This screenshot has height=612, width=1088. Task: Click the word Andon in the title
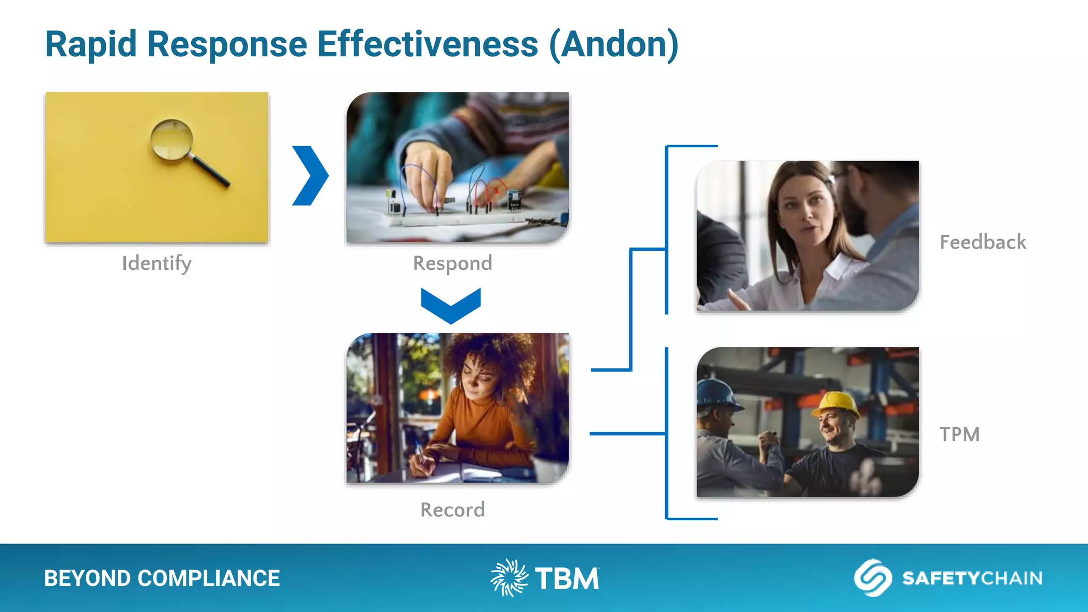pos(614,44)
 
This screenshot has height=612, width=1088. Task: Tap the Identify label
pos(157,263)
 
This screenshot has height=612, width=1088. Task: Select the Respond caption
pos(453,263)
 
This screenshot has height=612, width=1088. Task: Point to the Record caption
pos(453,510)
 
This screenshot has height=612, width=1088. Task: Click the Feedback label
pos(983,242)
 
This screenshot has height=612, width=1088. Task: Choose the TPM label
pos(959,435)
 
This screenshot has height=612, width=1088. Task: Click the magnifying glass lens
pos(171,139)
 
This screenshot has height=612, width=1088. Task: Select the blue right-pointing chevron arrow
pos(311,175)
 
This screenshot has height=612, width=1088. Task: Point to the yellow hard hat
pos(838,405)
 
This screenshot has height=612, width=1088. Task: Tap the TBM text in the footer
pos(567,579)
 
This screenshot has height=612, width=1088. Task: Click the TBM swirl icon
pos(509,578)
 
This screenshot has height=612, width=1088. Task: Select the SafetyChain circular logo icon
pos(872,577)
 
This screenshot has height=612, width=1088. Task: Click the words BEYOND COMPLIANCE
pos(162,579)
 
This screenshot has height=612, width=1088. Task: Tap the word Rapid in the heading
pos(91,44)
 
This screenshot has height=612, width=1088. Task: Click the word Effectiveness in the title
pos(428,44)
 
